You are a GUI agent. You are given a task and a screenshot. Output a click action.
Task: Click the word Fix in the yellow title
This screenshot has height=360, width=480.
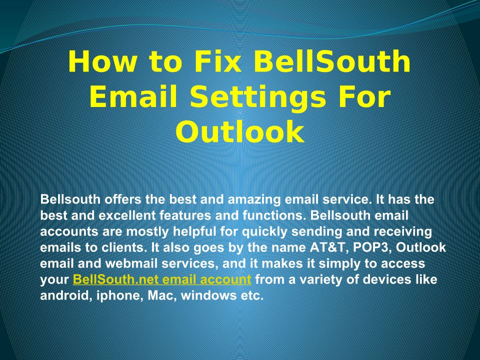point(217,61)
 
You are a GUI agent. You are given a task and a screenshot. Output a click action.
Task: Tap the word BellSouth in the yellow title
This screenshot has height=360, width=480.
point(332,61)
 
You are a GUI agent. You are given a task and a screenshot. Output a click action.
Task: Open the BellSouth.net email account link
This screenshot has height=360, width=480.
point(162,279)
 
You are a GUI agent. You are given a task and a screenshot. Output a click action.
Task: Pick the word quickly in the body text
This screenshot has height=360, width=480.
point(265,232)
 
